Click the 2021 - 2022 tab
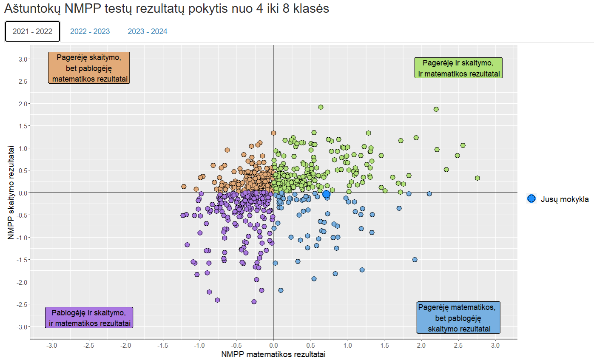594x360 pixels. pyautogui.click(x=32, y=31)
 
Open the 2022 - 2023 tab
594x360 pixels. pyautogui.click(x=90, y=31)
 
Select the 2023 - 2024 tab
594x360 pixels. pyautogui.click(x=148, y=31)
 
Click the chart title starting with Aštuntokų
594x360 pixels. pyautogui.click(x=166, y=9)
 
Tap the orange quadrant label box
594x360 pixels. pyautogui.click(x=88, y=68)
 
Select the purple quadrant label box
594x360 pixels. pyautogui.click(x=89, y=317)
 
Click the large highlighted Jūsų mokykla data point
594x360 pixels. pyautogui.click(x=326, y=194)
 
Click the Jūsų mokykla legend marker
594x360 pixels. pyautogui.click(x=531, y=198)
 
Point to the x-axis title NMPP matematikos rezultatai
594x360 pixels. pyautogui.click(x=274, y=354)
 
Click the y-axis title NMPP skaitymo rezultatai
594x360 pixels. pyautogui.click(x=10, y=192)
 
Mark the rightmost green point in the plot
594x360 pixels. pyautogui.click(x=477, y=178)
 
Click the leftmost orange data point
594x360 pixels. pyautogui.click(x=184, y=186)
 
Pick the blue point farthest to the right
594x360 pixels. pyautogui.click(x=429, y=193)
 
